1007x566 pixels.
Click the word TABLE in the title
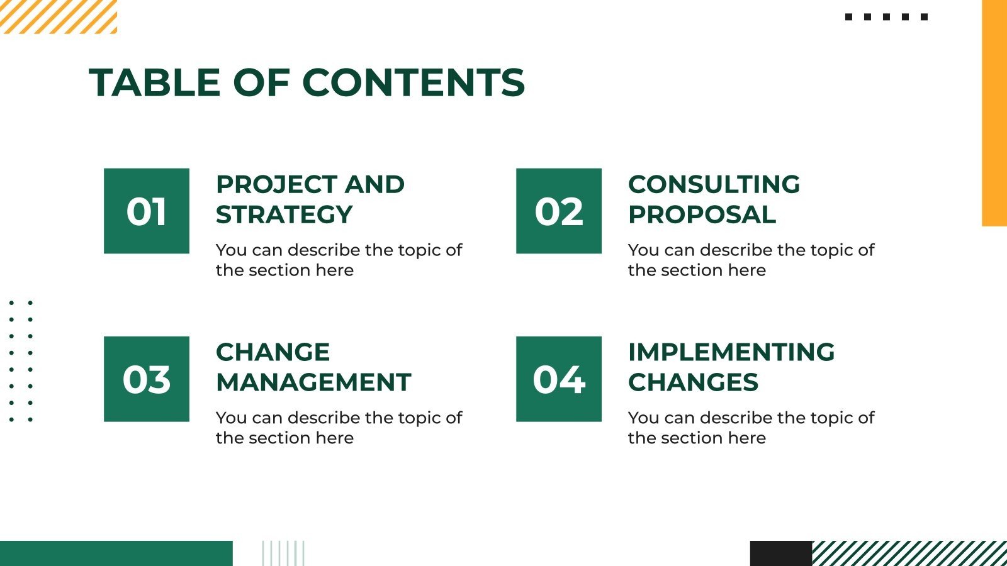(x=154, y=82)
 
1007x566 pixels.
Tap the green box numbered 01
(x=147, y=211)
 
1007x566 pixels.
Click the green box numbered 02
(x=559, y=211)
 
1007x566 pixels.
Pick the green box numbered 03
(x=147, y=379)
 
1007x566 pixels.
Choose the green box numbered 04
(x=559, y=379)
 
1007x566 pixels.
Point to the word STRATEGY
(x=284, y=214)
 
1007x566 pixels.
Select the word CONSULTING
(x=714, y=184)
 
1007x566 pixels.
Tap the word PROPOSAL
(x=702, y=214)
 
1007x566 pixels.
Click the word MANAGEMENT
(x=313, y=382)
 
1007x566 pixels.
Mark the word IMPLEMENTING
(x=731, y=352)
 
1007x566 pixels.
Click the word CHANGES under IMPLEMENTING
(x=693, y=382)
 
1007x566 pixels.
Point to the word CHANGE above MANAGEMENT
(x=273, y=352)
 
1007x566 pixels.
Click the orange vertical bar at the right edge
(x=994, y=113)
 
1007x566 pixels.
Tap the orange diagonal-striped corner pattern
(x=58, y=16)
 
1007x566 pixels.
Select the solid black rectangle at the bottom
(x=780, y=553)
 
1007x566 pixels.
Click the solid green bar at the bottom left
(x=116, y=553)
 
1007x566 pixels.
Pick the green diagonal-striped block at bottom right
(x=909, y=553)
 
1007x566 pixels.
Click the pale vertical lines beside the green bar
(x=283, y=553)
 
